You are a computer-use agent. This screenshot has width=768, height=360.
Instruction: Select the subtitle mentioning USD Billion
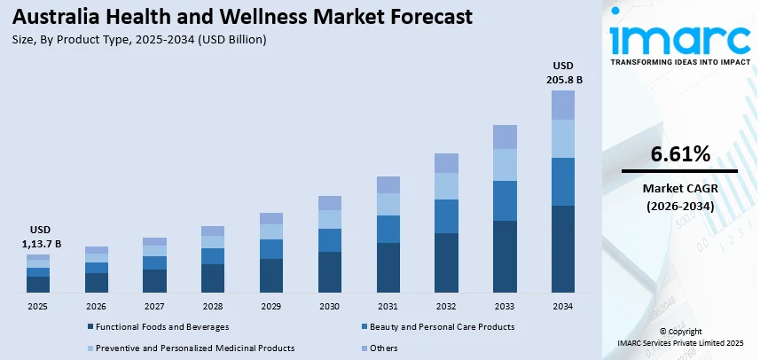point(139,40)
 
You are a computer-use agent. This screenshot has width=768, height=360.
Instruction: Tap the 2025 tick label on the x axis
point(38,306)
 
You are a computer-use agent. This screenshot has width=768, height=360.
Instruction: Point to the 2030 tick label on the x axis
point(330,306)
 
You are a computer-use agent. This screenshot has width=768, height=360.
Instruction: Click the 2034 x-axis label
point(563,306)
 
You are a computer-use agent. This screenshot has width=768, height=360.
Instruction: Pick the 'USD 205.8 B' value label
point(563,73)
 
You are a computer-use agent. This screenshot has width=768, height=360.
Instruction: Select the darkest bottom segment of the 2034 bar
point(563,249)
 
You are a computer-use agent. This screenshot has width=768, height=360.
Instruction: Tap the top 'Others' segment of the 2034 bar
point(563,105)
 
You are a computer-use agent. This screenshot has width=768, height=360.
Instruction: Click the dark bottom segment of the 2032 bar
point(446,262)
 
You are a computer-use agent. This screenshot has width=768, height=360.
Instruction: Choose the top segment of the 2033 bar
point(505,137)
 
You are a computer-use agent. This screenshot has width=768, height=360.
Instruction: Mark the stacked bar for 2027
point(154,265)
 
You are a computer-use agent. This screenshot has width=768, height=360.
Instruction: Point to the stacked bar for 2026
point(97,270)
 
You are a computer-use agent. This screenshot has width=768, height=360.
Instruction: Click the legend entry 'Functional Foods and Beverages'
point(156,327)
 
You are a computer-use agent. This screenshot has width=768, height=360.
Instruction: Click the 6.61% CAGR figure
point(680,154)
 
